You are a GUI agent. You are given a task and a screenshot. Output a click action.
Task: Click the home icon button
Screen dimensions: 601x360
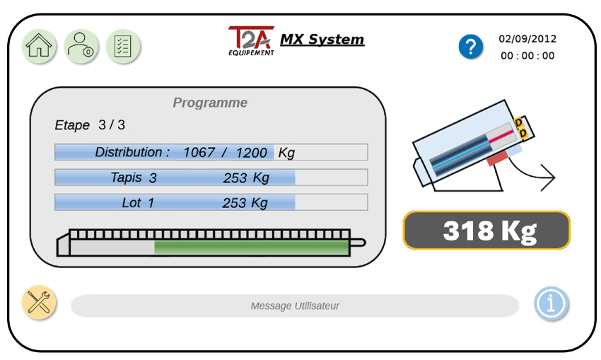click(x=39, y=46)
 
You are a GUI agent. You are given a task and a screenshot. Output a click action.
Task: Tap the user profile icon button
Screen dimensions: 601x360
click(x=81, y=46)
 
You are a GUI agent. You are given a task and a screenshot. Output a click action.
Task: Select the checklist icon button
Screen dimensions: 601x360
click(x=123, y=46)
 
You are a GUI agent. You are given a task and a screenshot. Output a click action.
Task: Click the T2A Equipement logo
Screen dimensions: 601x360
click(x=252, y=41)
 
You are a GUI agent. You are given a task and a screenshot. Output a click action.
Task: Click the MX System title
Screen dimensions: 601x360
click(x=322, y=39)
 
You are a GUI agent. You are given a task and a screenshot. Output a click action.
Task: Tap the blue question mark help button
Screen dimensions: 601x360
click(x=471, y=47)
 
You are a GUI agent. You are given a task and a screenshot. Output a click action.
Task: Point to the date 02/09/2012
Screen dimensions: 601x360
click(x=527, y=39)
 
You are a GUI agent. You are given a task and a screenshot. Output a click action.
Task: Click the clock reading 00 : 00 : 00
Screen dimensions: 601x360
click(x=527, y=56)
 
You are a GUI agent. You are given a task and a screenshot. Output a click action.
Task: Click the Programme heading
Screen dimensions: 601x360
click(x=210, y=103)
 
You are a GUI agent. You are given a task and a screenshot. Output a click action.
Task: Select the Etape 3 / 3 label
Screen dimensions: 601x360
click(x=90, y=125)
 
